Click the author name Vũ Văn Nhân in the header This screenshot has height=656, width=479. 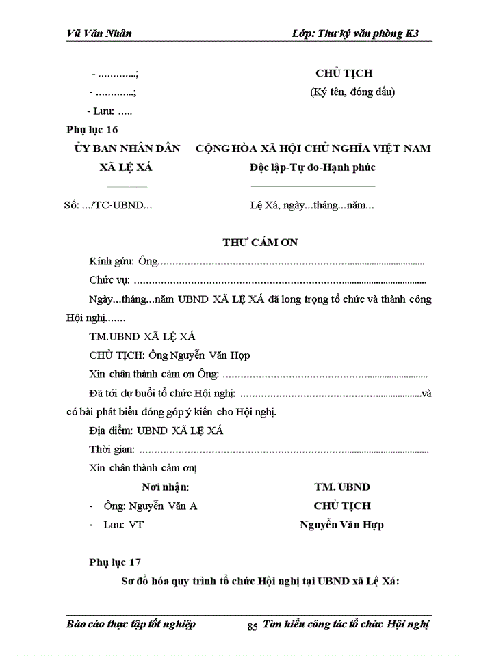pos(100,33)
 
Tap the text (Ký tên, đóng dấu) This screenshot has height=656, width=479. pos(352,92)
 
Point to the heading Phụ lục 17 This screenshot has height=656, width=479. pos(115,562)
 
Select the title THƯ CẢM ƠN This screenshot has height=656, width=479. pos(260,243)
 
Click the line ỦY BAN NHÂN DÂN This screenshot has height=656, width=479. pos(127,148)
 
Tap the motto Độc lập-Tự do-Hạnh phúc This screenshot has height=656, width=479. pos(313,167)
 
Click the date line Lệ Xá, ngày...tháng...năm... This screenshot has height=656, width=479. pos(312,205)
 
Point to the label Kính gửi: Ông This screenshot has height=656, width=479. pos(123,262)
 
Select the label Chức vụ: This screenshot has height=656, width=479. pos(109,280)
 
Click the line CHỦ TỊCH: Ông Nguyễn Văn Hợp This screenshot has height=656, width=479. pos(170,355)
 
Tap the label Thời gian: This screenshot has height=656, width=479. pos(112,450)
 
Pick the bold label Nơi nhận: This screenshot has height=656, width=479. pos(165,487)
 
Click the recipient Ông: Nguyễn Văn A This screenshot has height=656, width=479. pos(150,506)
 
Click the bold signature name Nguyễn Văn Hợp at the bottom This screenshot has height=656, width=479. pos(341,525)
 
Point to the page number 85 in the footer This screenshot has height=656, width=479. pos(252,626)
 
